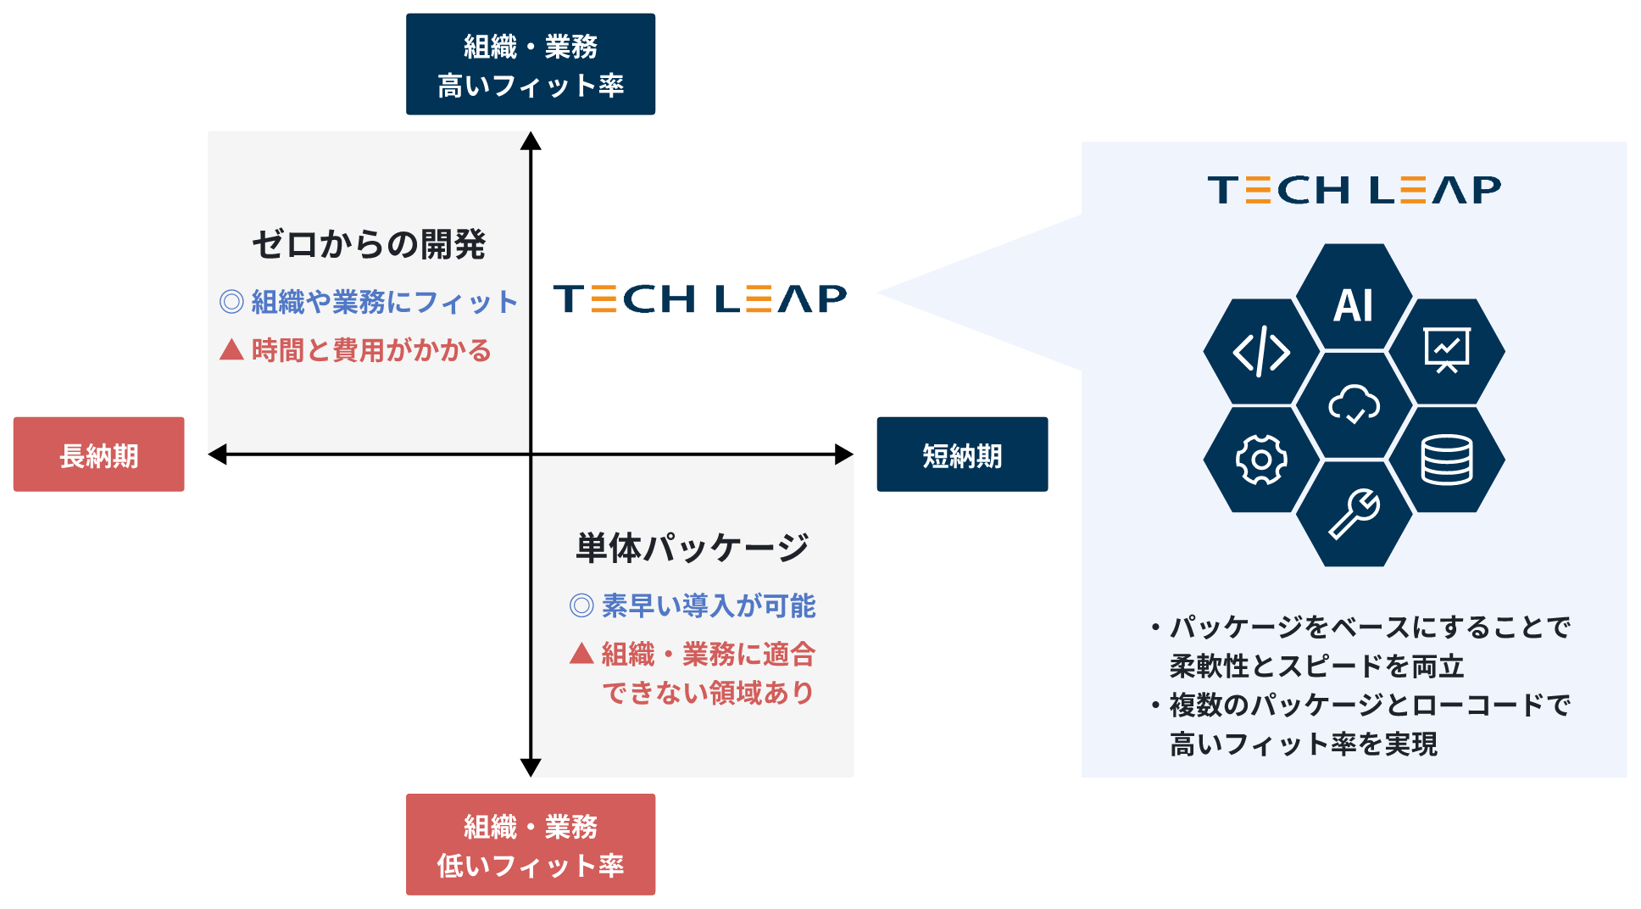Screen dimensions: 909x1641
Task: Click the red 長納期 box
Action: pyautogui.click(x=98, y=454)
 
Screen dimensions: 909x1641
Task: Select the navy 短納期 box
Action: pyautogui.click(x=962, y=454)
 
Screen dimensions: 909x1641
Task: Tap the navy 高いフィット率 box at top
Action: pyautogui.click(x=530, y=64)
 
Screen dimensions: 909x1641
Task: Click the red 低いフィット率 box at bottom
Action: pyautogui.click(x=530, y=845)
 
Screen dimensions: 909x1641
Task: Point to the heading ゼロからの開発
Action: pyautogui.click(x=368, y=244)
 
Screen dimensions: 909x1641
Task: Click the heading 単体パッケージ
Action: pyautogui.click(x=692, y=548)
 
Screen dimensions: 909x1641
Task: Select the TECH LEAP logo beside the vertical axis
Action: pyautogui.click(x=700, y=298)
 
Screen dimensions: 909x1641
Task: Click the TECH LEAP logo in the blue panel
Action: pyautogui.click(x=1354, y=190)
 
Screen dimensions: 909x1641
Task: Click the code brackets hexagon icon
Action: pyautogui.click(x=1261, y=351)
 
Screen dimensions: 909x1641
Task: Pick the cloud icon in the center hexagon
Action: pyautogui.click(x=1354, y=405)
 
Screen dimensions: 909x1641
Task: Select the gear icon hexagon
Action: pyautogui.click(x=1261, y=460)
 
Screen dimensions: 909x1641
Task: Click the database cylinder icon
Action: pyautogui.click(x=1446, y=460)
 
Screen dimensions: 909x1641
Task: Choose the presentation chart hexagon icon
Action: pyautogui.click(x=1446, y=350)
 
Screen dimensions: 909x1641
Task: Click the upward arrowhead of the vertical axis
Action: pyautogui.click(x=531, y=141)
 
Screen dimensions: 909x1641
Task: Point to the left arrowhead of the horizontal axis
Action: pyautogui.click(x=218, y=454)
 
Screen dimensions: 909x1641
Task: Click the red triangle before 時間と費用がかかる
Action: pyautogui.click(x=231, y=350)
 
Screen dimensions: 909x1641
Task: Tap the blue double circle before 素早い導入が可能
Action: pyautogui.click(x=581, y=605)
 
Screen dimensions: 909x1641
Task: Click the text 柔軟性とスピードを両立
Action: pyautogui.click(x=1316, y=666)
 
